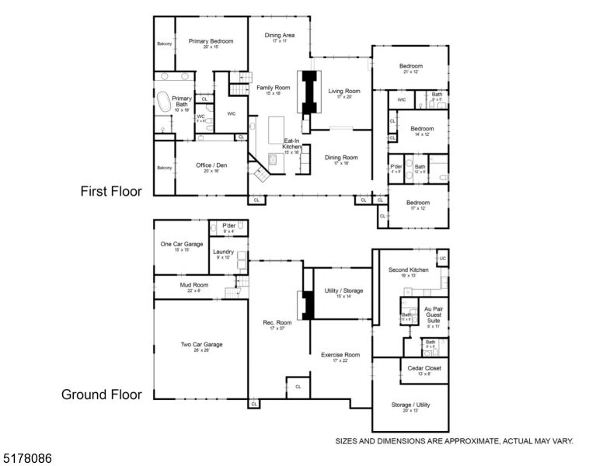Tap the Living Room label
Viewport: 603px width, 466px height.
(x=344, y=92)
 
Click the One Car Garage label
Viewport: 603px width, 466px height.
(x=181, y=244)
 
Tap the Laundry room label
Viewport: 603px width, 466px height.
(x=223, y=252)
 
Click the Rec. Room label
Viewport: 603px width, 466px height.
(x=277, y=322)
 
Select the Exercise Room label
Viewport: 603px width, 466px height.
(x=340, y=355)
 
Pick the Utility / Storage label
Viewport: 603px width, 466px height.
(x=343, y=291)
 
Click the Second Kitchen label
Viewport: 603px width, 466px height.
(x=408, y=270)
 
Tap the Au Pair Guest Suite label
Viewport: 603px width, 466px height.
(x=433, y=314)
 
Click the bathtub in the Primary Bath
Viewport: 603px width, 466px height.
(x=165, y=103)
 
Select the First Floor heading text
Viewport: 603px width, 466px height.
(x=111, y=190)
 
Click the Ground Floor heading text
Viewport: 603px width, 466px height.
(x=102, y=395)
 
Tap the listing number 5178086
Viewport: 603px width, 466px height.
(x=27, y=459)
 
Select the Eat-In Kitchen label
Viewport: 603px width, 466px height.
(x=291, y=146)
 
